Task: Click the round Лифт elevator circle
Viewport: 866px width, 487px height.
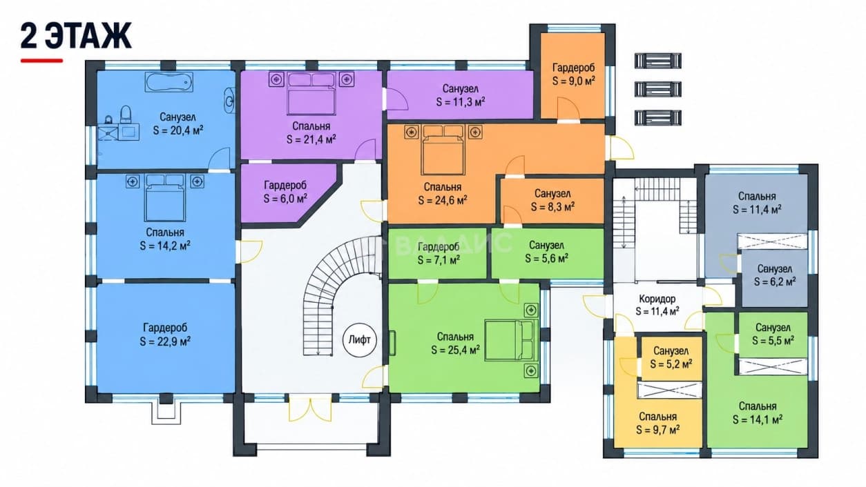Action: pyautogui.click(x=360, y=340)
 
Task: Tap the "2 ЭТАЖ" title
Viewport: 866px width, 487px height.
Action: pyautogui.click(x=76, y=36)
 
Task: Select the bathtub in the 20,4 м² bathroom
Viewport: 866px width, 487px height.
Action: pyautogui.click(x=169, y=82)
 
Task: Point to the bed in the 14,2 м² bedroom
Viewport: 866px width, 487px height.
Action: pyautogui.click(x=164, y=198)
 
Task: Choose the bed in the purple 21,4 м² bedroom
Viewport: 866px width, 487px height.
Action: pyautogui.click(x=311, y=94)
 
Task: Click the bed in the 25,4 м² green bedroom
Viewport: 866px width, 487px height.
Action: pyautogui.click(x=512, y=340)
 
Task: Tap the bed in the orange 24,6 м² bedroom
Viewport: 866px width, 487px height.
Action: pyautogui.click(x=443, y=150)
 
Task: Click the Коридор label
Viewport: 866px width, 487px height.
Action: pyautogui.click(x=657, y=299)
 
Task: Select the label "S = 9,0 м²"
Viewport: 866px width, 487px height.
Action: pyautogui.click(x=573, y=81)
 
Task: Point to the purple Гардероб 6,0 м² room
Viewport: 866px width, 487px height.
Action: pyautogui.click(x=286, y=192)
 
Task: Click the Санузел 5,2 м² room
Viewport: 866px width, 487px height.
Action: pyautogui.click(x=671, y=358)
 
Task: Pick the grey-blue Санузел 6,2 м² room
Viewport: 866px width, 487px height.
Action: pyautogui.click(x=775, y=278)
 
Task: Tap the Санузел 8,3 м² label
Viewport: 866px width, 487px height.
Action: pyautogui.click(x=552, y=200)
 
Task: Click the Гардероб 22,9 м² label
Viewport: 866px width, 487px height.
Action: pyautogui.click(x=165, y=335)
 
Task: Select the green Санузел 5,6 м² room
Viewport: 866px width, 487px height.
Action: pyautogui.click(x=548, y=253)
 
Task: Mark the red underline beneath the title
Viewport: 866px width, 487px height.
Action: pyautogui.click(x=41, y=61)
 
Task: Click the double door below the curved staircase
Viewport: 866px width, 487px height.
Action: pyautogui.click(x=310, y=408)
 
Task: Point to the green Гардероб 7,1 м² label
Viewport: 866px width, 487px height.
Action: pyautogui.click(x=439, y=253)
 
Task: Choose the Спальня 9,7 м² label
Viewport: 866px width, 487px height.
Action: pyautogui.click(x=658, y=423)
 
